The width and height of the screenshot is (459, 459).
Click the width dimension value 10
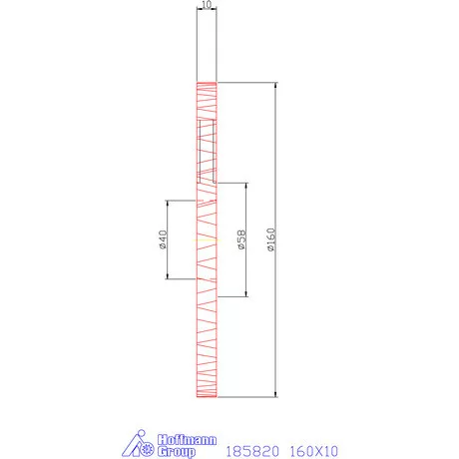[206, 5]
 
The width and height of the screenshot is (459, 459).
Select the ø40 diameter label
[161, 239]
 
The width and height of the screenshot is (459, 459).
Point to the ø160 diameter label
[271, 239]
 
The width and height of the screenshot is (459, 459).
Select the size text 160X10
[313, 451]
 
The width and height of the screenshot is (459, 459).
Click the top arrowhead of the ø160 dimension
[275, 85]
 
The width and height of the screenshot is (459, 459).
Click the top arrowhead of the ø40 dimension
[167, 203]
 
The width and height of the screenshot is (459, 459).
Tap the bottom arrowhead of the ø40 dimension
[167, 277]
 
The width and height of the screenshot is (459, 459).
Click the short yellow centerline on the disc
[206, 239]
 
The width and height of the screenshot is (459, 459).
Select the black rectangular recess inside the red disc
[207, 150]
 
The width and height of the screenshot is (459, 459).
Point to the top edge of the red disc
[206, 82]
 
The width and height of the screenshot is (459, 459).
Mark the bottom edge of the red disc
[206, 397]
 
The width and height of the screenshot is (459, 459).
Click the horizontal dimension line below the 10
[206, 12]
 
